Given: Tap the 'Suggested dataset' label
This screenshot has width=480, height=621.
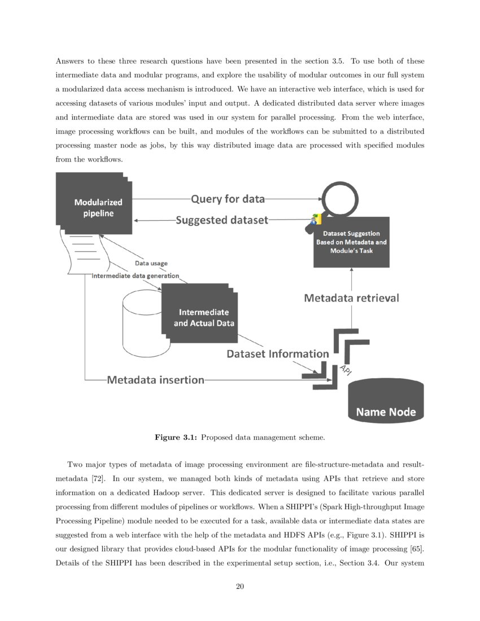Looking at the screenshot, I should (x=221, y=220).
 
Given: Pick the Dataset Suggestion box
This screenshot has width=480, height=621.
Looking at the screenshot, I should (x=351, y=242).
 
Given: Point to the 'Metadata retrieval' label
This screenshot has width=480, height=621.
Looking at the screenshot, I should (x=351, y=298).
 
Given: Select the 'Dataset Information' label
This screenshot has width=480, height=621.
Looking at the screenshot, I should (x=277, y=354).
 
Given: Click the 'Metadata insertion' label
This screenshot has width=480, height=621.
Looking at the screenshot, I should (x=155, y=380).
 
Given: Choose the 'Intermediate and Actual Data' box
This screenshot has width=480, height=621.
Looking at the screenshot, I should (x=201, y=317).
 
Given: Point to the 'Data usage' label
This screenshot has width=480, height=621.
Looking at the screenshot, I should (x=151, y=263).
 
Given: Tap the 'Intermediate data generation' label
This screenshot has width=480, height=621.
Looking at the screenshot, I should (x=136, y=276).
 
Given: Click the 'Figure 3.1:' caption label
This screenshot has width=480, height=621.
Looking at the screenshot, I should (x=176, y=437).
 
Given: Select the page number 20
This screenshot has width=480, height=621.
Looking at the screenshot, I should (x=239, y=587).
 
